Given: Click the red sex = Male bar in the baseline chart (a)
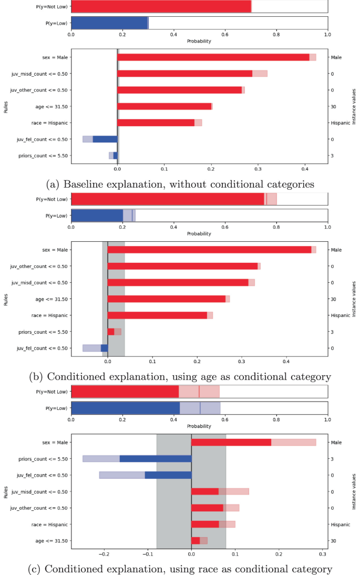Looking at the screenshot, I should [213, 57].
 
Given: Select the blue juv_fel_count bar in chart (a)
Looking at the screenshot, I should [105, 139].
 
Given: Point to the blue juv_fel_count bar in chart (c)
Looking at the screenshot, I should [168, 475].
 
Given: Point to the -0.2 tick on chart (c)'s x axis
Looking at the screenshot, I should [105, 553].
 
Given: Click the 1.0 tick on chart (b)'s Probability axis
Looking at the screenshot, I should [327, 227].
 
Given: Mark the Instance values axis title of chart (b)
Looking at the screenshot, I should [354, 299].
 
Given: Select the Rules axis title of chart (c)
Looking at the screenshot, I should [5, 491].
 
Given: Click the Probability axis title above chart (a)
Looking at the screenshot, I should [199, 41].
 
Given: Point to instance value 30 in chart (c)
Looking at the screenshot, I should [333, 541].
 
